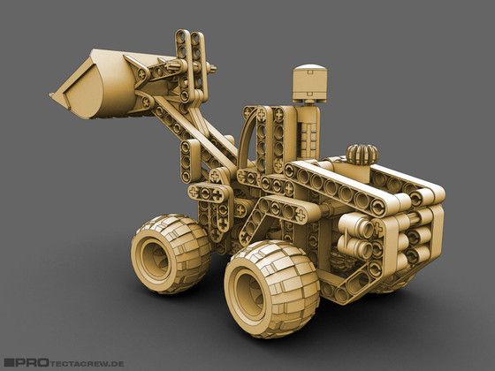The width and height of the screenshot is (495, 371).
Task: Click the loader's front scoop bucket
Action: click(98, 85)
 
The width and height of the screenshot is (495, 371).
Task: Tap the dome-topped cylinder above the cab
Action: click(309, 84)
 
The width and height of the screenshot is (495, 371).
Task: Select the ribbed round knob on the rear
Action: click(362, 155)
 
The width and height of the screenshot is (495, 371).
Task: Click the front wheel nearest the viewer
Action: click(271, 289)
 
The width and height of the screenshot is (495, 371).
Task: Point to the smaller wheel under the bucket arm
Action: click(171, 254)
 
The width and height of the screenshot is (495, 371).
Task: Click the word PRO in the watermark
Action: click(32, 362)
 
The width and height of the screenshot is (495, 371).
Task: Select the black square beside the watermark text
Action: click(9, 362)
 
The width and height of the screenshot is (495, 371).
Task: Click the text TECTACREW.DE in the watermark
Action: click(87, 363)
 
